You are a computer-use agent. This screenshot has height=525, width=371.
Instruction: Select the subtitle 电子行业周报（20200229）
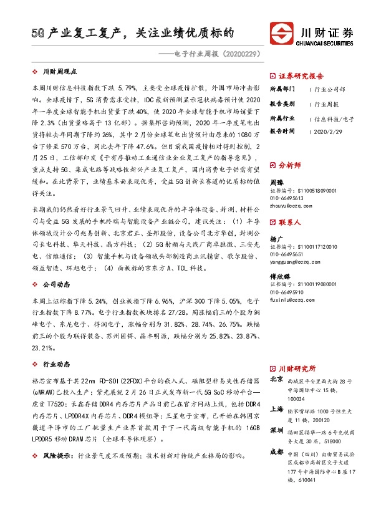[x=217, y=54]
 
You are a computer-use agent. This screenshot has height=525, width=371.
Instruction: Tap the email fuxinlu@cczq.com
[x=292, y=300]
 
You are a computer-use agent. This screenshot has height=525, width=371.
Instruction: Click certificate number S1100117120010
[x=295, y=248]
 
